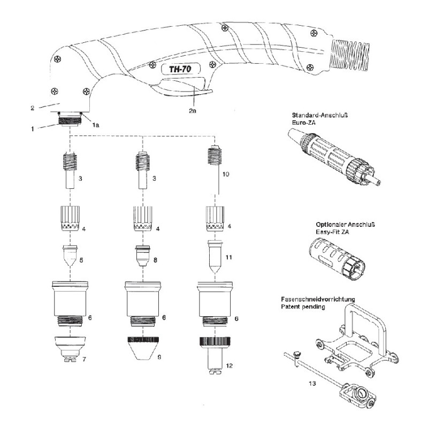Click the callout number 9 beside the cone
point(159,356)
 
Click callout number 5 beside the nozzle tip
point(81,261)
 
